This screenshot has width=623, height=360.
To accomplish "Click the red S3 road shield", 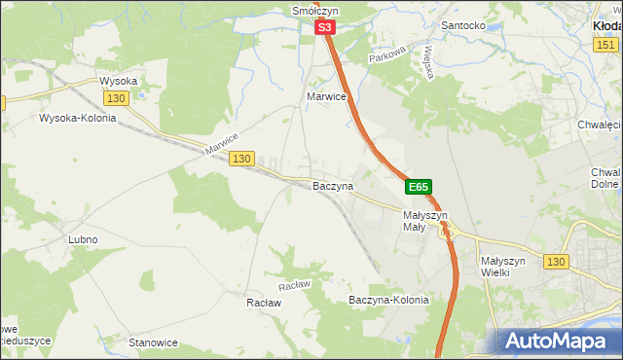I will pos(326,30).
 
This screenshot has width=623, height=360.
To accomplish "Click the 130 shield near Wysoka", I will pos(116,99).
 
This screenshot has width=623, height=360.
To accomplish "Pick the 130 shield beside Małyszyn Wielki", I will pos(556,262).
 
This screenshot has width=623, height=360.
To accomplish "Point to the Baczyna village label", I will pos(332,185).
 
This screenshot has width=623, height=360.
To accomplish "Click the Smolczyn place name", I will pos(313,11).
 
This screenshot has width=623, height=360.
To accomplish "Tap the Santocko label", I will pos(463,25).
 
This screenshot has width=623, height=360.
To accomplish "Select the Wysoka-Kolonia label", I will pos(77,119).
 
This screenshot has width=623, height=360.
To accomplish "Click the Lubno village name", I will pos(83,239).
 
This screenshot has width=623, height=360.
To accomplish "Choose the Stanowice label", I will pos(153,342).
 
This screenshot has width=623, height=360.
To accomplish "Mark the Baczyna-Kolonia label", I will pos(388,301).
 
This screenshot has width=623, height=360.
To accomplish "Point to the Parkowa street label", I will pos(385,57).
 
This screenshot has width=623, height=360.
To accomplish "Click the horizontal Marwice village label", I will pos(326,97).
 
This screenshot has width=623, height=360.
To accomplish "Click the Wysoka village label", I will pos(119,81).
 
